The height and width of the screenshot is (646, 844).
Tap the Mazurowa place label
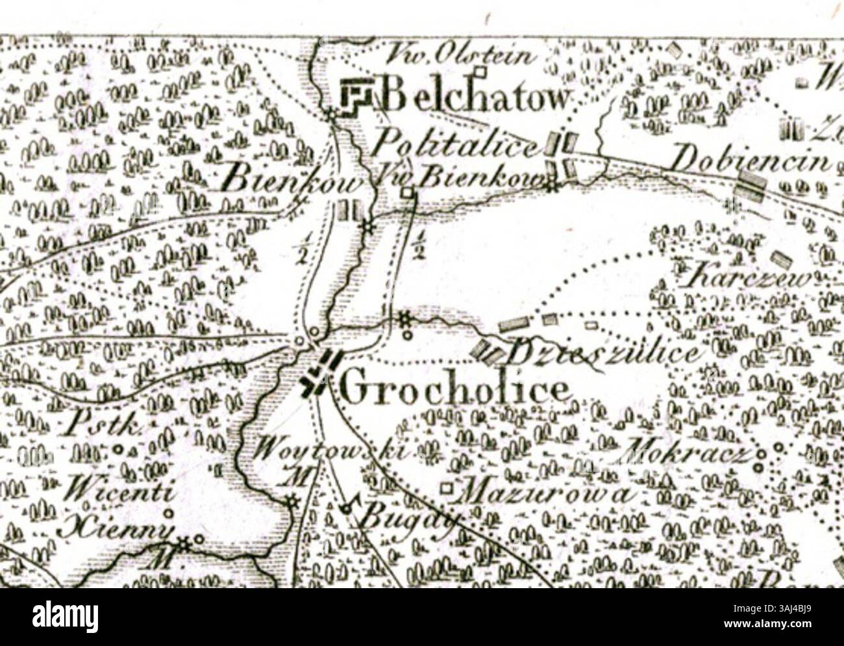[545, 493]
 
